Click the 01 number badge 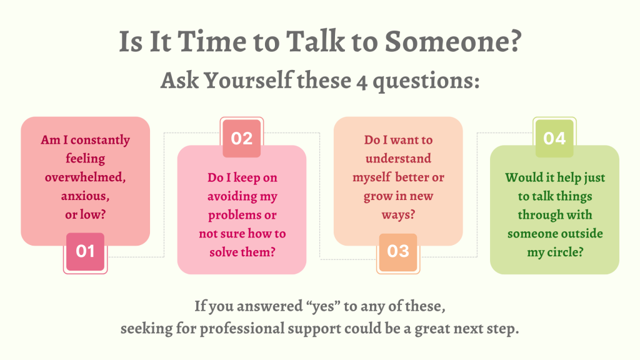pyautogui.click(x=85, y=251)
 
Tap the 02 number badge pyautogui.click(x=242, y=138)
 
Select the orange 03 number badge pyautogui.click(x=398, y=252)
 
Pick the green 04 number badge pyautogui.click(x=554, y=138)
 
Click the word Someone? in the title pyautogui.click(x=453, y=42)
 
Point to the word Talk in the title pyautogui.click(x=315, y=41)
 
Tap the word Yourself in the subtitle pyautogui.click(x=248, y=80)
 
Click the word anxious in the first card pyautogui.click(x=84, y=196)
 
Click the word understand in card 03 pyautogui.click(x=398, y=158)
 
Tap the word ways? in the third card pyautogui.click(x=398, y=215)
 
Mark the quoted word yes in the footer pyautogui.click(x=325, y=306)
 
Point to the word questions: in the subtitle pyautogui.click(x=426, y=81)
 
